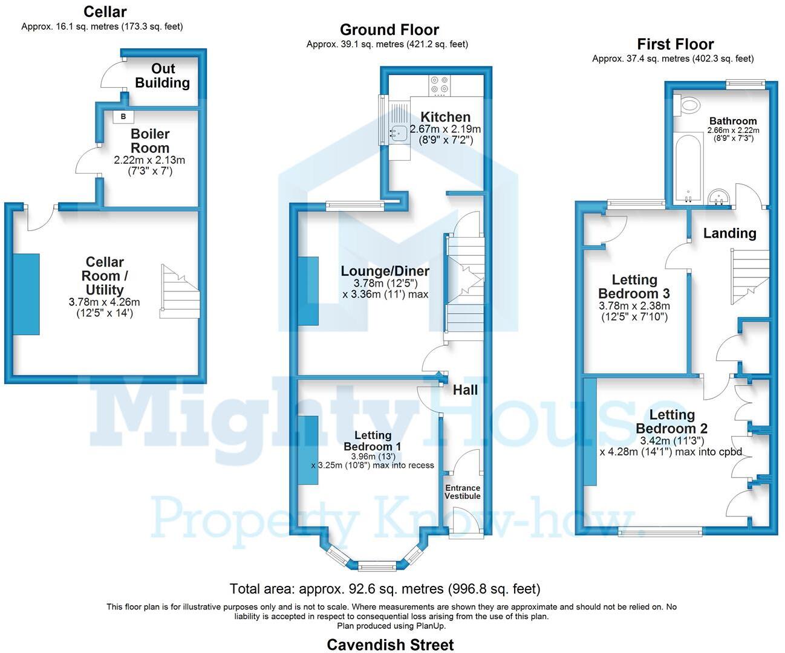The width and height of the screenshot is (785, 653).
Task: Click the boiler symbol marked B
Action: tap(123, 116)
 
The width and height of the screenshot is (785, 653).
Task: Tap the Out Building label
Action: tap(163, 76)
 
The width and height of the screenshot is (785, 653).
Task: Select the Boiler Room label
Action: tap(150, 141)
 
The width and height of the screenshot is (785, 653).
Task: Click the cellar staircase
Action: tap(180, 291)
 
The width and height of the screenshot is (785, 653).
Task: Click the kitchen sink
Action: tap(398, 131)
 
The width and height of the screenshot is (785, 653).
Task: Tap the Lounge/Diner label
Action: tap(385, 271)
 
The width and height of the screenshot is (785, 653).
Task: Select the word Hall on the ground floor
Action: tap(465, 390)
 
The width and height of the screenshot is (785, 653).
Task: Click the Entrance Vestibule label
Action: tap(463, 492)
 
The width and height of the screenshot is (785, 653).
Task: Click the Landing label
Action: tap(729, 233)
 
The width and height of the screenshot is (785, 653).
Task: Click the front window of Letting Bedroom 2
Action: tap(660, 531)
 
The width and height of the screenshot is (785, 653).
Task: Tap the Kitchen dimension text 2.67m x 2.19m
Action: tap(445, 129)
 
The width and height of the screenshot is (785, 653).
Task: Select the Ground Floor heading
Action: tap(389, 30)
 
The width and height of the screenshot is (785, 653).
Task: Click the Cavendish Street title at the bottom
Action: tap(390, 645)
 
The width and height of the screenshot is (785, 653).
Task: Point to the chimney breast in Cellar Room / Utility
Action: tap(27, 294)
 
